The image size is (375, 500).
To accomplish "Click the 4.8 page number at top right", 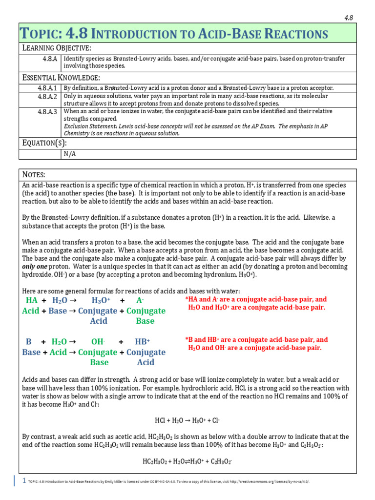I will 349,18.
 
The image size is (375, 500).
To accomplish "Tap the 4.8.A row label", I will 50,59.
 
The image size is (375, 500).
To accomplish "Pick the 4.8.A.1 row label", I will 47,88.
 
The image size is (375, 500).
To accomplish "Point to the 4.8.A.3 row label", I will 47,111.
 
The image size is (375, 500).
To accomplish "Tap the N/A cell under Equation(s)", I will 70,154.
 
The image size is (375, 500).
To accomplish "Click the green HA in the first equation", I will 31,300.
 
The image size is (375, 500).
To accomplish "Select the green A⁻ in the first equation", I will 140,300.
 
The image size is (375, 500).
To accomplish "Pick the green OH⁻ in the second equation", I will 98,342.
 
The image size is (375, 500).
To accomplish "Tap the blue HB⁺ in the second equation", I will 142,342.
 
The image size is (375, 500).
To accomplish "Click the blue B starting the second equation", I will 28,342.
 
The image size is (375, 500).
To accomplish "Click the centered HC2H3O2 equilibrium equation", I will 187,461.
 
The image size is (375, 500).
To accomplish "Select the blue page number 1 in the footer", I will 24,480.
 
